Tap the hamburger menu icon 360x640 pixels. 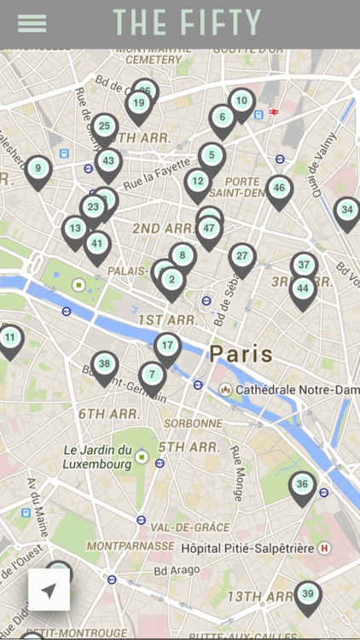pos(32,23)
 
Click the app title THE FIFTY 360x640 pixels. pos(187,23)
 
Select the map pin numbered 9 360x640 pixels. pos(38,169)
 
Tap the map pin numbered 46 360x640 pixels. pos(279,189)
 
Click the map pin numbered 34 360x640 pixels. pos(346,210)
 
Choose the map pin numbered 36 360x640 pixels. pos(302,485)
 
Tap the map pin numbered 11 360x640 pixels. pos(10,338)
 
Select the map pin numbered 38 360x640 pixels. pos(104,364)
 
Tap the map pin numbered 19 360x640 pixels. pos(139,104)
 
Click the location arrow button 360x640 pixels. pos(49,591)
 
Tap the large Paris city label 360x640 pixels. pos(241,353)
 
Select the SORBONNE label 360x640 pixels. pos(193,423)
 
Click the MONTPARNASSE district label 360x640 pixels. pos(127,545)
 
